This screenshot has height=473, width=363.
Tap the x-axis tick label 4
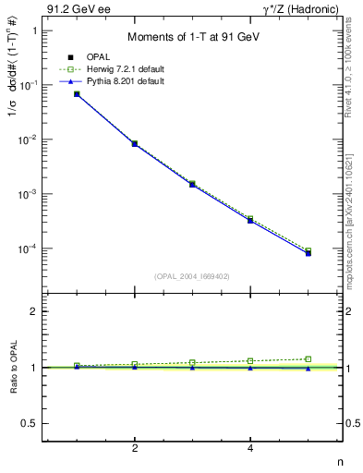point(250,449)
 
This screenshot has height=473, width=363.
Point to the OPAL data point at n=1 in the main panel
point(77,94)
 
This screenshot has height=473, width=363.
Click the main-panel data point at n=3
point(192,185)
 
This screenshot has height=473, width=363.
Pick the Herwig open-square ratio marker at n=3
point(192,362)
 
